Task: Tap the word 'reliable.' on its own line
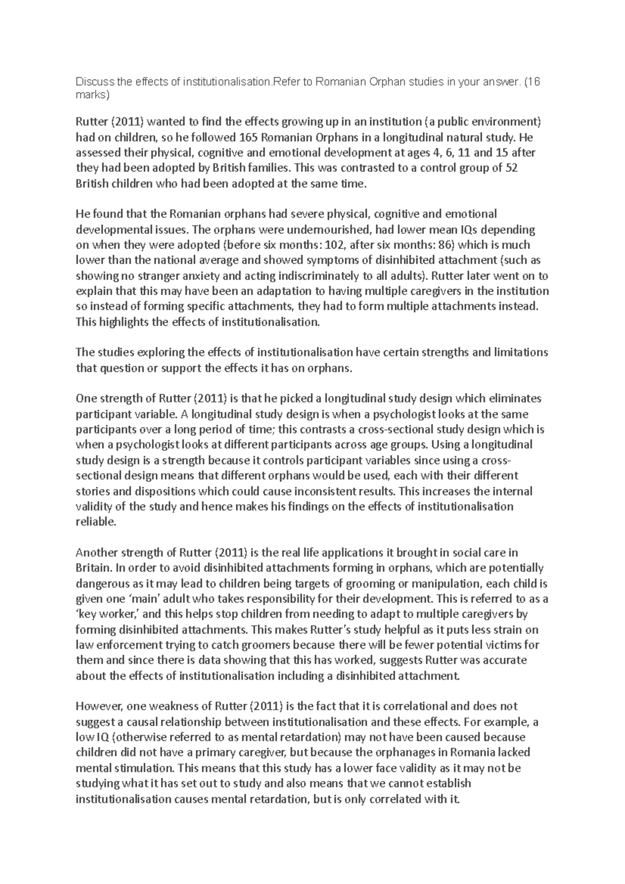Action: [94, 522]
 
